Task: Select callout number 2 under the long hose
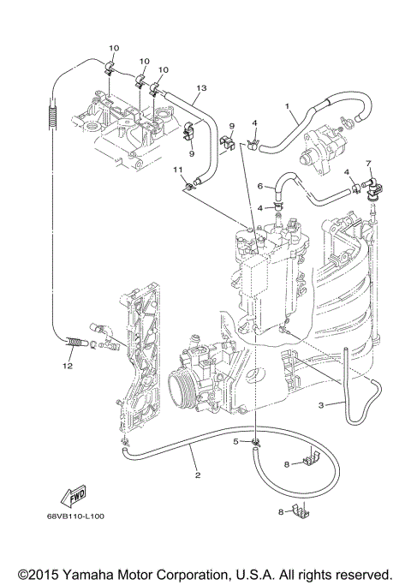[198, 475]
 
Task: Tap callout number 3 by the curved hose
[320, 404]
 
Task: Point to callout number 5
[235, 441]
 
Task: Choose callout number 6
[259, 186]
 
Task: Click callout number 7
[368, 163]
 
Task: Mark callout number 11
[180, 171]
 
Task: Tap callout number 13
[202, 88]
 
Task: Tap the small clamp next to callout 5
[256, 442]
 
